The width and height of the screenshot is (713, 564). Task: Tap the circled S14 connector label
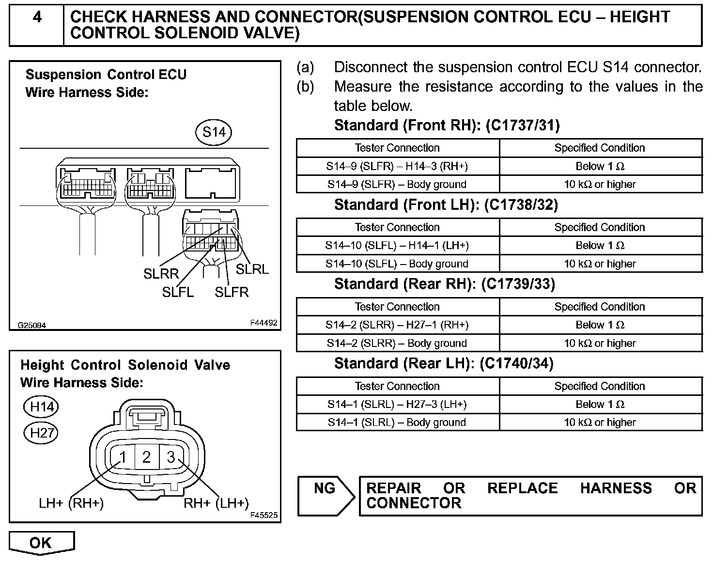point(214,132)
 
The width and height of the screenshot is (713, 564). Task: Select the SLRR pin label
point(161,274)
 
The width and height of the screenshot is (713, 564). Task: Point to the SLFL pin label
point(178,292)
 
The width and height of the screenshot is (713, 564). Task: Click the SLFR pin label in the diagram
point(232,292)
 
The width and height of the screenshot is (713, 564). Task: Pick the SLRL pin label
point(252,269)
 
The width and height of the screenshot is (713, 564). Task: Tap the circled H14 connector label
point(42,407)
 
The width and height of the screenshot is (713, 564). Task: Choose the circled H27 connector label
point(42,432)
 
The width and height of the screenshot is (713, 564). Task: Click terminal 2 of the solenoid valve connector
point(147,457)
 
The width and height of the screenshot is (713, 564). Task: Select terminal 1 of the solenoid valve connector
point(123,457)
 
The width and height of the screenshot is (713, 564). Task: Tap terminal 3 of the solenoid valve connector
point(170,457)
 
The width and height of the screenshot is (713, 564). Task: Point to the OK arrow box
point(41,543)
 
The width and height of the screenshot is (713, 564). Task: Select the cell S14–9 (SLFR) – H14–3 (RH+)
point(397,166)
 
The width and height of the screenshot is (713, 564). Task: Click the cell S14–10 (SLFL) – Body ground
point(397,264)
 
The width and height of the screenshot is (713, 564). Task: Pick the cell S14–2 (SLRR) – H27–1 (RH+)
point(397,325)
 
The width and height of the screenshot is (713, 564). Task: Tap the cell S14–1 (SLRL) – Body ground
point(397,423)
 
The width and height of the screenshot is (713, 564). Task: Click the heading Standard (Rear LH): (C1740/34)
point(444,363)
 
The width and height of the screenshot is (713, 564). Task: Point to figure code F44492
point(264,322)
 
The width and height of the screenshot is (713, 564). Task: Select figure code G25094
point(32,326)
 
